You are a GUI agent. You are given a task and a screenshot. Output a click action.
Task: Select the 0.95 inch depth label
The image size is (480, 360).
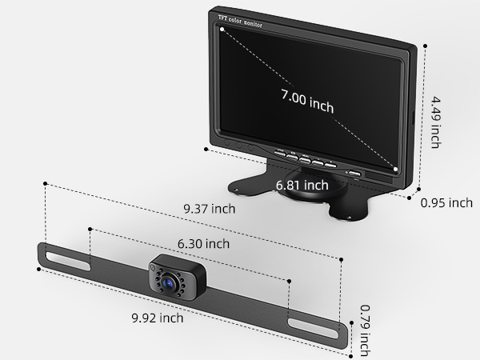pos(446,203)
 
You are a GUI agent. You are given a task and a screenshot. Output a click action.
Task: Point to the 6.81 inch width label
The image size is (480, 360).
pos(302,185)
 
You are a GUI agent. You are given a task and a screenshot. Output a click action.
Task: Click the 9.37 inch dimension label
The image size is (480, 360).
pos(210,209)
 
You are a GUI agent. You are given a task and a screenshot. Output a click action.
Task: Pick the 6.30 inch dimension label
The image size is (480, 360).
pos(202,243)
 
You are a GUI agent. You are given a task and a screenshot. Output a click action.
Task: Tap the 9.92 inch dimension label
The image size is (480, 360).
pos(158,318)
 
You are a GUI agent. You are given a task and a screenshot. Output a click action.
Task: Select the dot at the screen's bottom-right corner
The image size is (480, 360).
pos(396,169)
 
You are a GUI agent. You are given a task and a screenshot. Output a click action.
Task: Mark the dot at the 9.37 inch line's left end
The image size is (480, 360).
pos(46,183)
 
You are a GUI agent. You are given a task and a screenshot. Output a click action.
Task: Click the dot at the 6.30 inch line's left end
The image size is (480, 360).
pos(90,229)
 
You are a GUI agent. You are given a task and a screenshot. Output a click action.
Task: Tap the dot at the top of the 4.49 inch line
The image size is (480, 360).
pos(422,46)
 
